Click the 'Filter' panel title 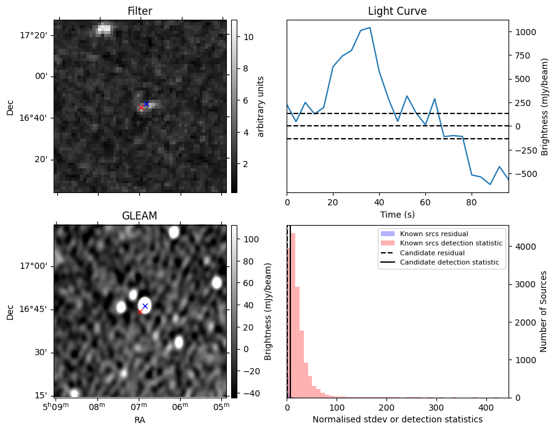pyautogui.click(x=140, y=11)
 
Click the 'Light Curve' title pyautogui.click(x=397, y=11)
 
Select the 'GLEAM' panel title pyautogui.click(x=140, y=216)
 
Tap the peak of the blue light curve pyautogui.click(x=369, y=28)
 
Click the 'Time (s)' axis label pyautogui.click(x=397, y=214)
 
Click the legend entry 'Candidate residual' pyautogui.click(x=431, y=253)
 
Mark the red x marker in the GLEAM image pyautogui.click(x=140, y=312)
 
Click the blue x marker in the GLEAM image pyautogui.click(x=145, y=306)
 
